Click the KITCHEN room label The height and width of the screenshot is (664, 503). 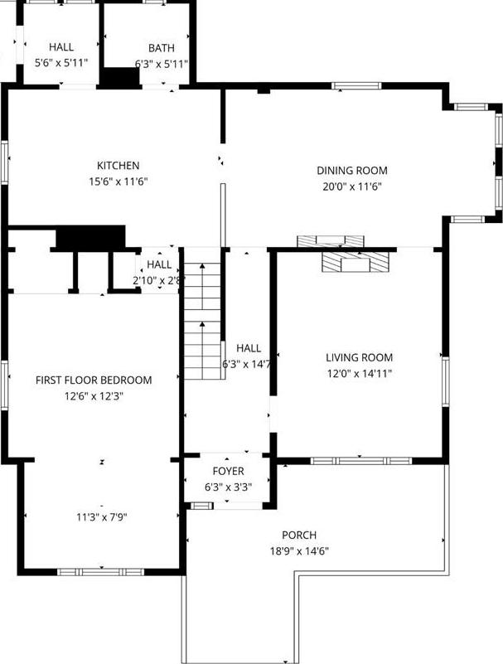pos(118,166)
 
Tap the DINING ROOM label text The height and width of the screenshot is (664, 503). pos(351,171)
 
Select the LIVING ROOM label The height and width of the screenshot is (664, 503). pos(359,357)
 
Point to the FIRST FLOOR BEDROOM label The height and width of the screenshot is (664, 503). pos(94,380)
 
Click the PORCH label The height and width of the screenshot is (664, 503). pos(298,535)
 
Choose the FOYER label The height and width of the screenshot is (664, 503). pos(228,471)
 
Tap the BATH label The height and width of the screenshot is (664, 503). pos(162,48)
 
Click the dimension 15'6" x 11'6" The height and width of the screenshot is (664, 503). pos(118,182)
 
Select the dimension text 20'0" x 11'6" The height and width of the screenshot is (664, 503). pos(351,187)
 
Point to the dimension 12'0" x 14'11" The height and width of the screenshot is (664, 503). pos(359,373)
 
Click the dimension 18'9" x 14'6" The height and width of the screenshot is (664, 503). pos(298,550)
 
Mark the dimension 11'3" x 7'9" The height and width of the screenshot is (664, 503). pos(101,517)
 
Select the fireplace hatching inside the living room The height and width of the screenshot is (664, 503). pos(354,264)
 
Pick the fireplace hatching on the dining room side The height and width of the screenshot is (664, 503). pos(331,240)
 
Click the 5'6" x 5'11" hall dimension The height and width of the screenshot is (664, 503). pos(61,63)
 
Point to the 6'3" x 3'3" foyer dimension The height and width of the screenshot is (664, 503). pos(228,487)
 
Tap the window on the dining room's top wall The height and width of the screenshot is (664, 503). pos(356,85)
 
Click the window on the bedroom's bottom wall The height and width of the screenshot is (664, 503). pos(100,571)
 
